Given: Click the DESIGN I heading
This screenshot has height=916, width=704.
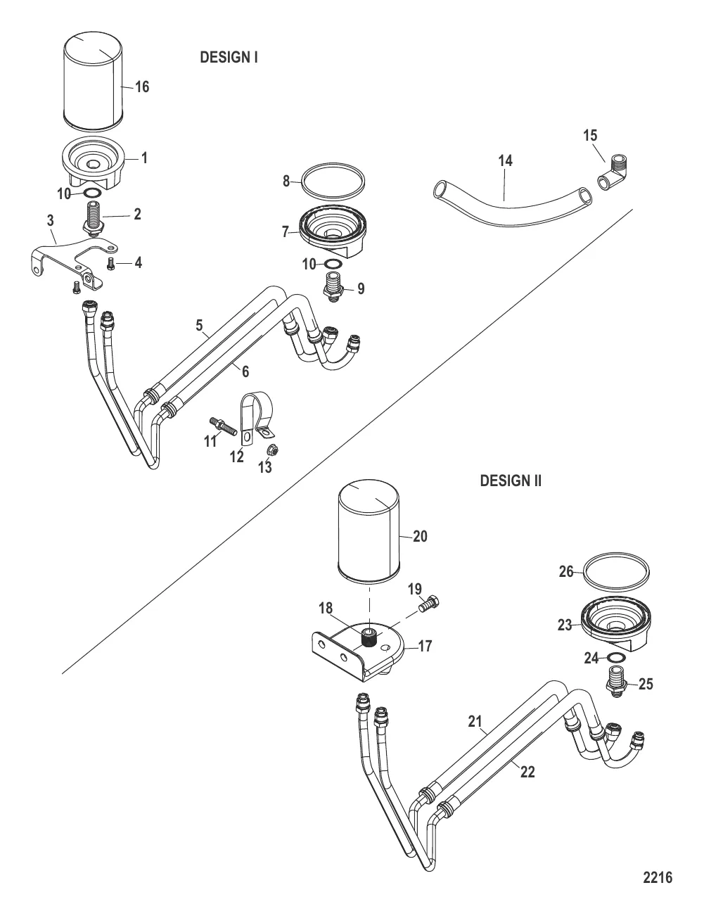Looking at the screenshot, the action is (229, 57).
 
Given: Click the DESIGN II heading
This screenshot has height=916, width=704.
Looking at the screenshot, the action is (511, 481).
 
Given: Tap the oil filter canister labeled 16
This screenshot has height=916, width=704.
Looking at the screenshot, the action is (93, 79).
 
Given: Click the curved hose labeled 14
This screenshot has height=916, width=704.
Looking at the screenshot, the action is (512, 203).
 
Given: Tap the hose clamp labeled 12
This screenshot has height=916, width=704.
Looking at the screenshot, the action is (257, 419).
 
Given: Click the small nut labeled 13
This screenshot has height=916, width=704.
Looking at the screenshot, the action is (273, 450).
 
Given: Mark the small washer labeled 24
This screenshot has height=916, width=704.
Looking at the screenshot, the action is (617, 657).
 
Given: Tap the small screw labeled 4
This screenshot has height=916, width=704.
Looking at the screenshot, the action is (111, 263).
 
